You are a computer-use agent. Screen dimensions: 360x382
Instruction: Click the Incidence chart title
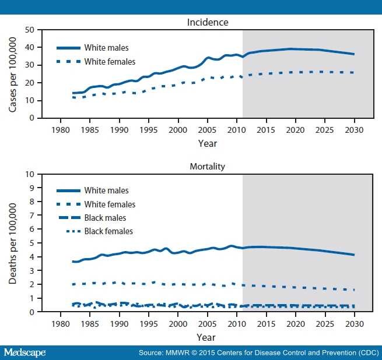[x=207, y=23]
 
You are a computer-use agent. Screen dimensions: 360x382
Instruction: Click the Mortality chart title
[x=207, y=167]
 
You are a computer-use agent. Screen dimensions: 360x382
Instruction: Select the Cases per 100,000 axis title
[x=13, y=73]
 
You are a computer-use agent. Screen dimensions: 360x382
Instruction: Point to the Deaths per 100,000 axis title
[x=13, y=243]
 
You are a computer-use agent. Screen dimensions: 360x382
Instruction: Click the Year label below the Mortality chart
[x=207, y=337]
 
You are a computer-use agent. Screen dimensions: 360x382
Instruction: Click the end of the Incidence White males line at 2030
[x=354, y=54]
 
